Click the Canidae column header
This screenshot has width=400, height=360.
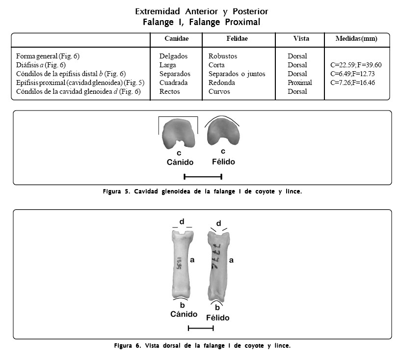pyautogui.click(x=176, y=38)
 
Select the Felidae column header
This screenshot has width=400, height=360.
pyautogui.click(x=237, y=38)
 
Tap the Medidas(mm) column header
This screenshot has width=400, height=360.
pyautogui.click(x=356, y=38)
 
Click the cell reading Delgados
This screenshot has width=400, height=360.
pyautogui.click(x=173, y=56)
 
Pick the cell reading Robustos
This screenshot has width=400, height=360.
pyautogui.click(x=222, y=56)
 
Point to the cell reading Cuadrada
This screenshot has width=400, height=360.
pyautogui.click(x=173, y=83)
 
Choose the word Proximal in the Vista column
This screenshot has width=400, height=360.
pyautogui.click(x=299, y=83)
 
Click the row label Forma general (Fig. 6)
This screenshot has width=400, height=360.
pyautogui.click(x=47, y=56)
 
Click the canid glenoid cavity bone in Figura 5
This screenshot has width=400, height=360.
pyautogui.click(x=179, y=134)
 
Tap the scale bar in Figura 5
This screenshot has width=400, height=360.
pyautogui.click(x=203, y=176)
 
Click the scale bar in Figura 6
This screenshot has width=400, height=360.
pyautogui.click(x=200, y=328)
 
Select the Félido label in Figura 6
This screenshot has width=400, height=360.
pyautogui.click(x=217, y=317)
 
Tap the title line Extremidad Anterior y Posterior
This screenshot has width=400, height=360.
pyautogui.click(x=201, y=11)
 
